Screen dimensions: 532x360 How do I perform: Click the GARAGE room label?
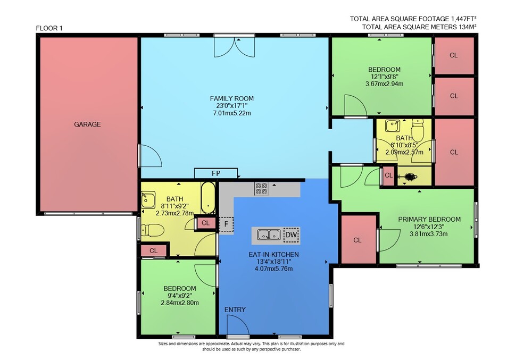tap(87, 124)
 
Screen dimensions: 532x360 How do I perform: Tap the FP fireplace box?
tap(216, 173)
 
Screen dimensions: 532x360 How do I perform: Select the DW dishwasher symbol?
tap(291, 235)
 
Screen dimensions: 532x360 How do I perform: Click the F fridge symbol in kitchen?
tap(226, 224)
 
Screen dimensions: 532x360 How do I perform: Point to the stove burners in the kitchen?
tap(261, 188)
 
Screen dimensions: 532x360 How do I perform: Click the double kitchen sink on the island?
tap(269, 235)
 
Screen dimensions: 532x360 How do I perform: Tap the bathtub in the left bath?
tap(208, 198)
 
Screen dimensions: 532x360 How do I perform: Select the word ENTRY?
tap(235, 309)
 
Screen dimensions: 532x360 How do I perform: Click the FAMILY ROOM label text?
tap(232, 99)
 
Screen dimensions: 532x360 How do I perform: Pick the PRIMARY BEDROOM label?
tap(429, 219)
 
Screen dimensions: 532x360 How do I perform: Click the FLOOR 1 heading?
tap(49, 28)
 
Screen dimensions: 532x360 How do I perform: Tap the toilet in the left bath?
tap(152, 230)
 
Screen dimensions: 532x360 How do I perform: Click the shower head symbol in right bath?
tap(409, 176)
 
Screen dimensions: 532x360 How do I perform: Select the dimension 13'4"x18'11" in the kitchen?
tap(273, 262)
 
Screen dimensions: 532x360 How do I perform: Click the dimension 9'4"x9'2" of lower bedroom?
tap(179, 296)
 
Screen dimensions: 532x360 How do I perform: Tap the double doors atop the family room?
tap(234, 47)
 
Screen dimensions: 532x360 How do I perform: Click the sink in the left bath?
tap(148, 200)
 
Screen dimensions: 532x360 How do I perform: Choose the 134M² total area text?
tap(468, 27)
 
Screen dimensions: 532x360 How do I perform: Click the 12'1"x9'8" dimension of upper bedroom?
tap(385, 77)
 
